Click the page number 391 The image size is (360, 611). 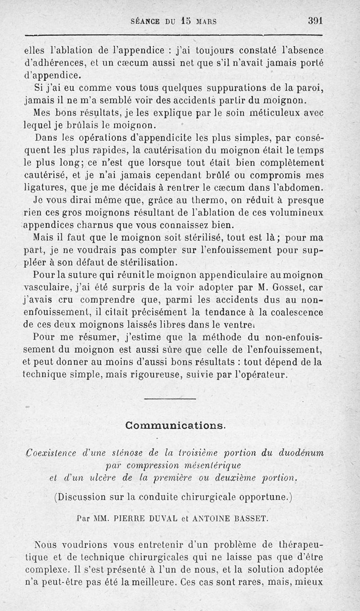(316, 21)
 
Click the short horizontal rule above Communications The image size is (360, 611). (171, 399)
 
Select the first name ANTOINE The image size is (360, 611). (211, 518)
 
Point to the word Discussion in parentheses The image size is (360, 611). (82, 497)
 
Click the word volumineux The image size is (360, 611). (293, 212)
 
